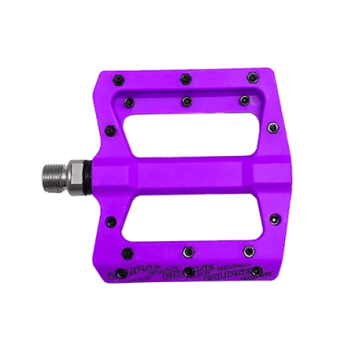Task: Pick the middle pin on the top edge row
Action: (184, 78)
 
